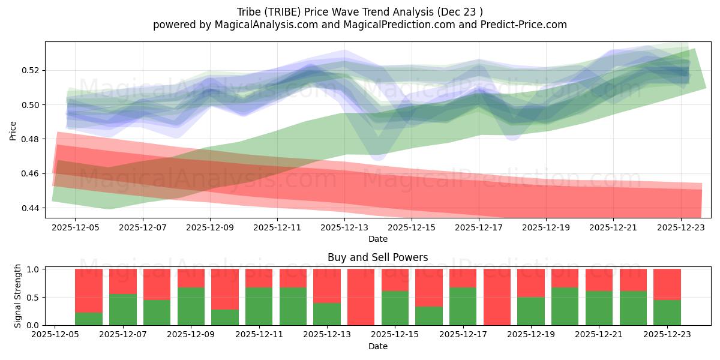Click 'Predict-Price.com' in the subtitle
526,25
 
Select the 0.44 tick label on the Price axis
29,208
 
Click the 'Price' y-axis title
13,130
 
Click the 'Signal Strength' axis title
18,296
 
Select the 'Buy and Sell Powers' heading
377,257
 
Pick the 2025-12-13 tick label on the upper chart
344,229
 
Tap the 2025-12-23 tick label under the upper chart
681,229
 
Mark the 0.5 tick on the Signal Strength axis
34,297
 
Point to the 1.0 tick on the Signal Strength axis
34,269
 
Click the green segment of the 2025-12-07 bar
122,310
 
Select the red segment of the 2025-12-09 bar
191,278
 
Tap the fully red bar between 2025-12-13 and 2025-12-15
361,297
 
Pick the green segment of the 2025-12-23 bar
667,313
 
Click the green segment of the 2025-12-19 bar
530,311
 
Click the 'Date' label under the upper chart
377,239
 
